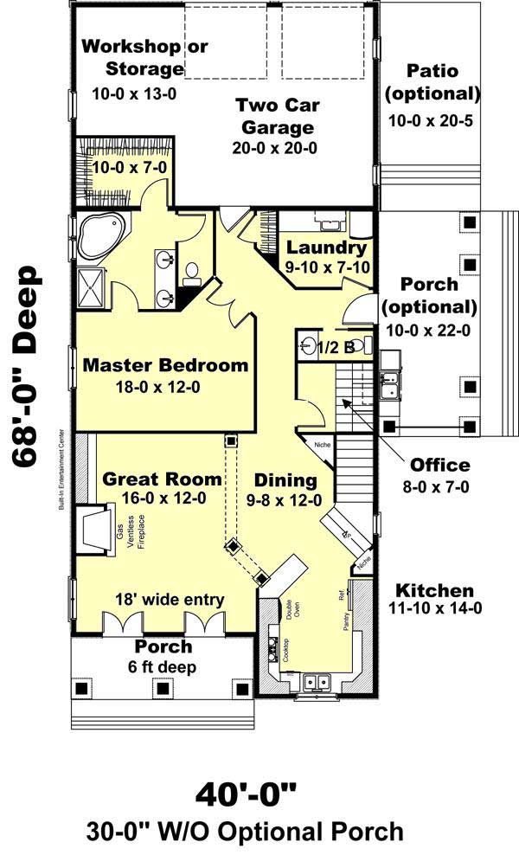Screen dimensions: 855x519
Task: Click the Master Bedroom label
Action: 165,365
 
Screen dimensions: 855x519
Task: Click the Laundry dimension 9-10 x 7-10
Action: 328,267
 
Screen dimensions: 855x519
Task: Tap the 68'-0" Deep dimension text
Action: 28,367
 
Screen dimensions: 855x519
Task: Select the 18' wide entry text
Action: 171,599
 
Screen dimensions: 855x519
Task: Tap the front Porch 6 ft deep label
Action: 163,657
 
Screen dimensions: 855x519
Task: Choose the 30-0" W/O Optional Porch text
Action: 245,832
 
